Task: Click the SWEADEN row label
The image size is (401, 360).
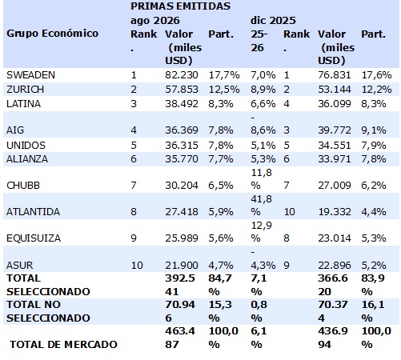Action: [x=30, y=75]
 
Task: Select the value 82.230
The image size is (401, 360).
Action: [x=182, y=75]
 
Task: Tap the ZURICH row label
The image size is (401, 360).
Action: [x=25, y=90]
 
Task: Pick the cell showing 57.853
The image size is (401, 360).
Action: [x=182, y=90]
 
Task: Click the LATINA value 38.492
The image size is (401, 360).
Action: [x=182, y=103]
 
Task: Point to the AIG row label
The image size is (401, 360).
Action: [x=15, y=130]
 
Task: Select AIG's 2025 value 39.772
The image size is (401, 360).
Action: [x=335, y=130]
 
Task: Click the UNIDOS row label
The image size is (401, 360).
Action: [x=26, y=146]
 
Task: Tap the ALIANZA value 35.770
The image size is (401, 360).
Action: [x=182, y=159]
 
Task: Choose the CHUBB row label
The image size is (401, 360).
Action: [x=23, y=186]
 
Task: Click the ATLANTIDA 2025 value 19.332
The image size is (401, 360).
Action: [x=335, y=212]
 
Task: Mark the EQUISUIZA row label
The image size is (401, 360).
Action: [x=34, y=238]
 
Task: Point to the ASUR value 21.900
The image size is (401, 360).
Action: [x=182, y=266]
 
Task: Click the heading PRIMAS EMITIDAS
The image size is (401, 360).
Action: [x=180, y=6]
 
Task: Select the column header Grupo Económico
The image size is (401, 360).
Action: [x=52, y=34]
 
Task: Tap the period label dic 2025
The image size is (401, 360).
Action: [x=273, y=21]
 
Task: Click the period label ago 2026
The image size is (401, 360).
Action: [x=155, y=21]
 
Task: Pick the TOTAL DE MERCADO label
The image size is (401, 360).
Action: [x=63, y=345]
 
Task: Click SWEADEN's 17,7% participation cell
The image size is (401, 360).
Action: [x=224, y=75]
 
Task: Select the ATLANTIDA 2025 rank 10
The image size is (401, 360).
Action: [x=289, y=212]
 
